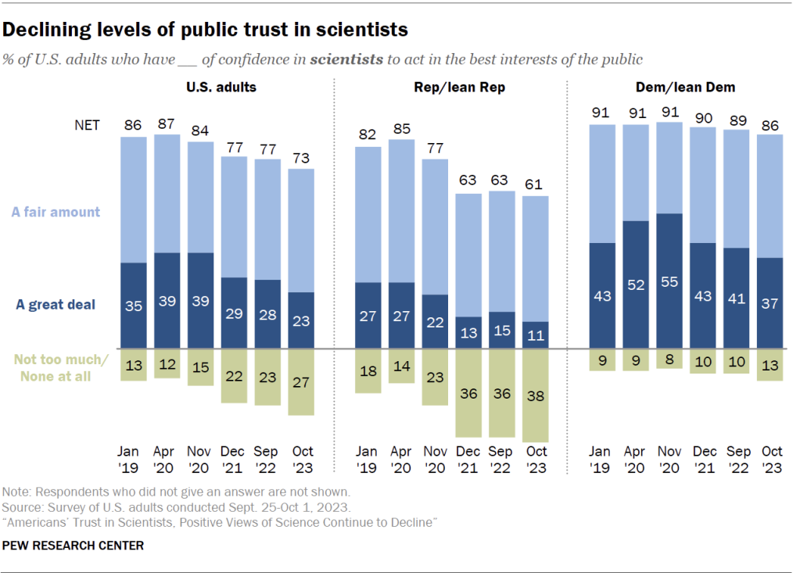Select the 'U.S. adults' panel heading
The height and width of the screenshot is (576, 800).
click(x=221, y=88)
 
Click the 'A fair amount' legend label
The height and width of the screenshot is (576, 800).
click(x=56, y=212)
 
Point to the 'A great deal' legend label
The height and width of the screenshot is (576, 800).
click(x=56, y=305)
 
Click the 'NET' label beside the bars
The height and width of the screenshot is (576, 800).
click(x=87, y=125)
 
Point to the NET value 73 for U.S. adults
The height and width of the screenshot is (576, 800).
click(x=301, y=157)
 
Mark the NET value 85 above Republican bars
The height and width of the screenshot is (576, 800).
click(x=401, y=128)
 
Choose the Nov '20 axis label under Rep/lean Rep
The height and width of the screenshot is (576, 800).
click(x=435, y=460)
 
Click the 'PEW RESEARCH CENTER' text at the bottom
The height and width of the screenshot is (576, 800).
click(x=74, y=546)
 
